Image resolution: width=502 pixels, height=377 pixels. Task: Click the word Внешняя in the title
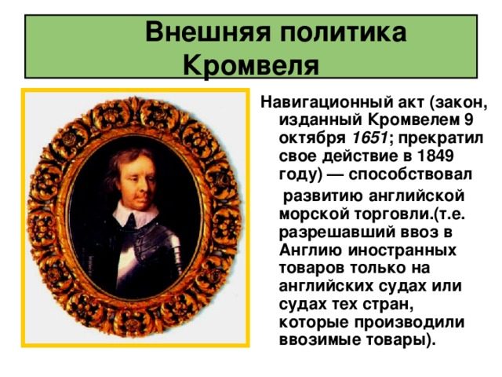pyautogui.click(x=208, y=32)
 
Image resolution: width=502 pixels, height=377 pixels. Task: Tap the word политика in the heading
pyautogui.click(x=344, y=32)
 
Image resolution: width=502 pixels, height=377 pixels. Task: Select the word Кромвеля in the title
pyautogui.click(x=251, y=66)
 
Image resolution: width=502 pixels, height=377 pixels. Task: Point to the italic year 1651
pyautogui.click(x=370, y=138)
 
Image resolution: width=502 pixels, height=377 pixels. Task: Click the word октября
pyautogui.click(x=312, y=138)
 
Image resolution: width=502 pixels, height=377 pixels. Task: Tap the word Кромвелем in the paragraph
pyautogui.click(x=413, y=120)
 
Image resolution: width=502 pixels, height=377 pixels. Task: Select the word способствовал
pyautogui.click(x=410, y=174)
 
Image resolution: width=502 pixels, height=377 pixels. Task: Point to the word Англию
pyautogui.click(x=310, y=250)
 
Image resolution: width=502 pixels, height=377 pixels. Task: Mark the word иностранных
pyautogui.click(x=402, y=251)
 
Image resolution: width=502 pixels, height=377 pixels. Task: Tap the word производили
pyautogui.click(x=409, y=322)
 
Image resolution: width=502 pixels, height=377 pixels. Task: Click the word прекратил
pyautogui.click(x=441, y=138)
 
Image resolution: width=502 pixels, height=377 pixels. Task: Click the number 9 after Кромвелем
pyautogui.click(x=467, y=120)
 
